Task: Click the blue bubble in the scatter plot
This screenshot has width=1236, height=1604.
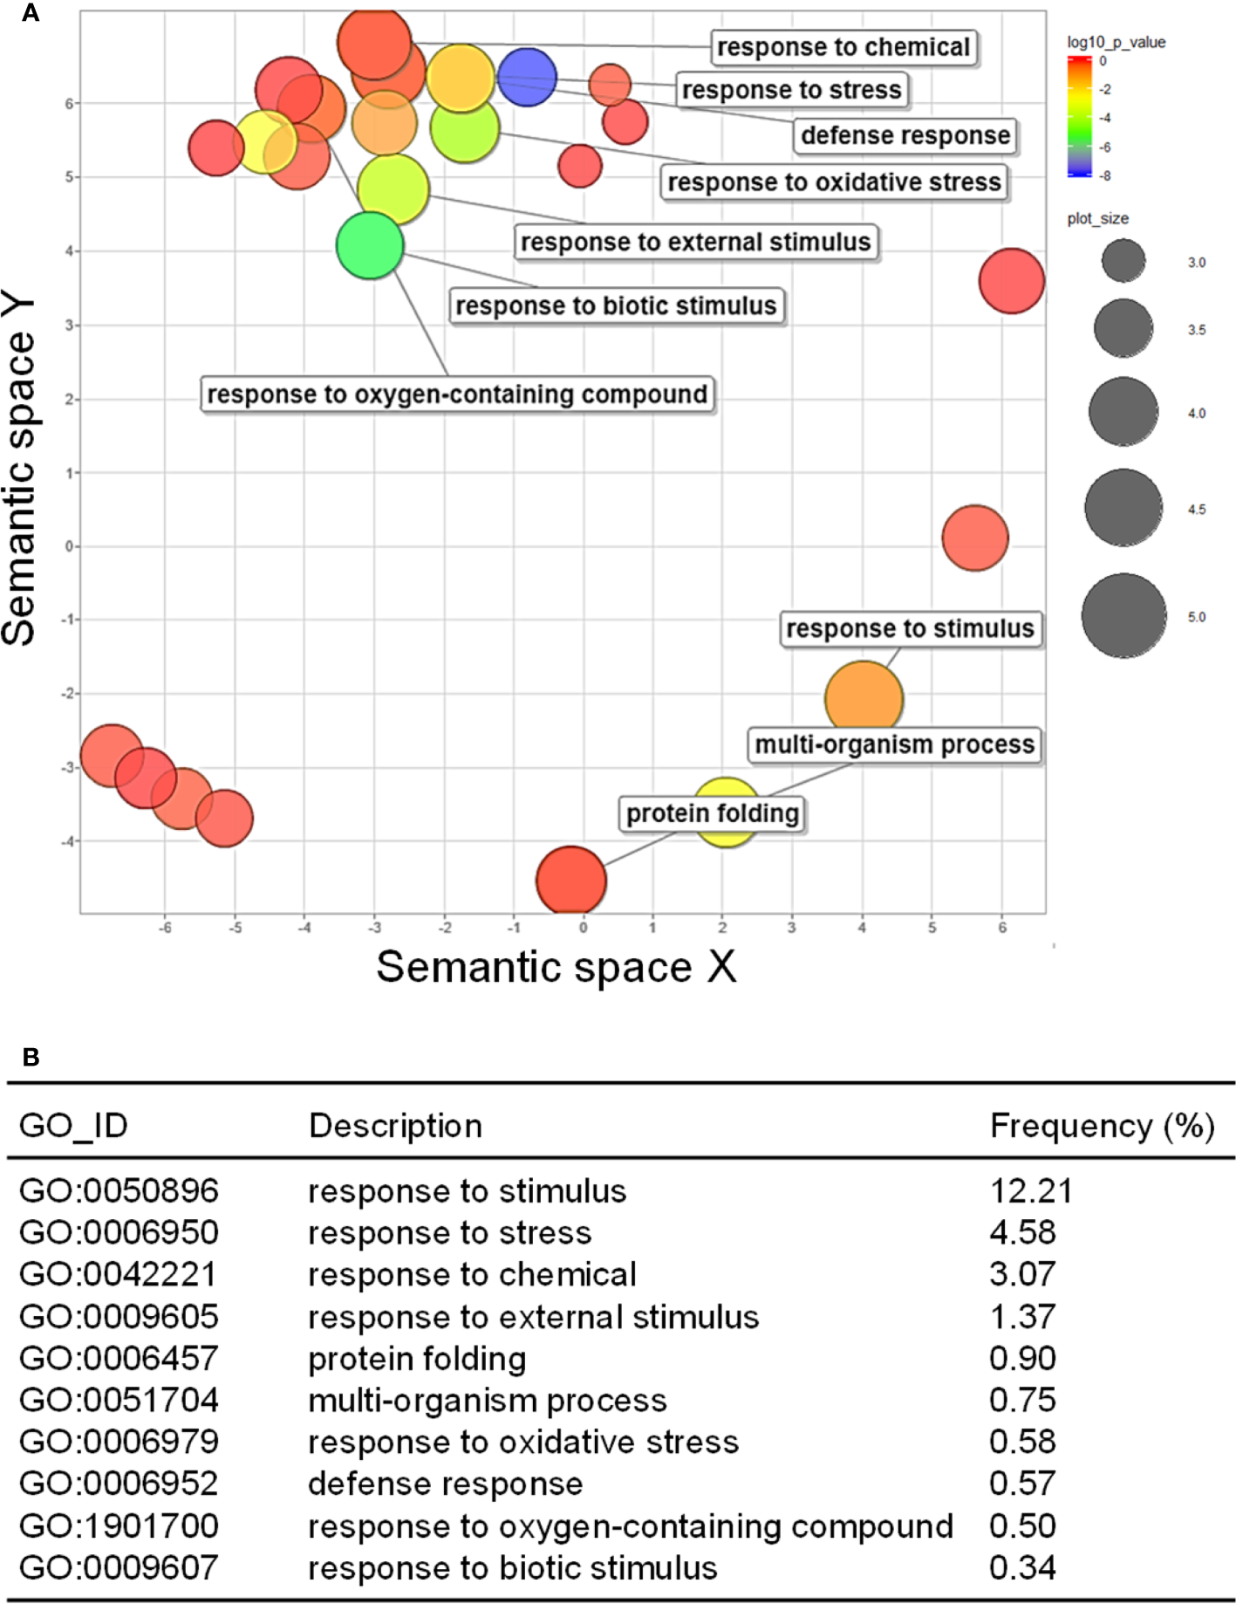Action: tap(527, 77)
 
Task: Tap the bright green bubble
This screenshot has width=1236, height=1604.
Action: tap(370, 245)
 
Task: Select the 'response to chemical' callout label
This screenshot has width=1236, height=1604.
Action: tap(843, 47)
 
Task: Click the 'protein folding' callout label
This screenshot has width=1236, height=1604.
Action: tap(712, 813)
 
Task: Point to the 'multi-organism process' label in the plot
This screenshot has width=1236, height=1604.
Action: tap(894, 744)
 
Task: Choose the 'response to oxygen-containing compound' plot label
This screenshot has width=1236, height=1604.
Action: tap(457, 394)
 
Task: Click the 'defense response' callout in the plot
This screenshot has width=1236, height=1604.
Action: tap(905, 135)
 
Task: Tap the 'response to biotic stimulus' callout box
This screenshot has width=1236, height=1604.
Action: tap(616, 305)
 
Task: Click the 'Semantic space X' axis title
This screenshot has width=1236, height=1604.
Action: tap(557, 967)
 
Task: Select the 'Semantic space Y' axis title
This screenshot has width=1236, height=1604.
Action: tap(19, 470)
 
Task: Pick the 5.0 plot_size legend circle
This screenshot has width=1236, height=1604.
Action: tap(1123, 615)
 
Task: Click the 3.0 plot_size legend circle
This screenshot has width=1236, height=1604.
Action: tap(1123, 261)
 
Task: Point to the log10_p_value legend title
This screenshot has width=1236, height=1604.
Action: tap(1116, 42)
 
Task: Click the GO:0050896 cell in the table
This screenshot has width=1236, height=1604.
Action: tap(119, 1190)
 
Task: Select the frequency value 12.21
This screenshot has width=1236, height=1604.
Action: tap(1030, 1190)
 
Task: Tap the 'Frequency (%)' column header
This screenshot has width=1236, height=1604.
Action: tap(1102, 1126)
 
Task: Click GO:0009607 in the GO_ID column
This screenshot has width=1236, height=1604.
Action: tap(119, 1567)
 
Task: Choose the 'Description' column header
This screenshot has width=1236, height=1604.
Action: tap(395, 1126)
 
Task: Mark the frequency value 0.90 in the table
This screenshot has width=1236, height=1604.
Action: tap(1022, 1358)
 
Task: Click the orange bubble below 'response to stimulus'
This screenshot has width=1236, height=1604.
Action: tap(864, 698)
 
